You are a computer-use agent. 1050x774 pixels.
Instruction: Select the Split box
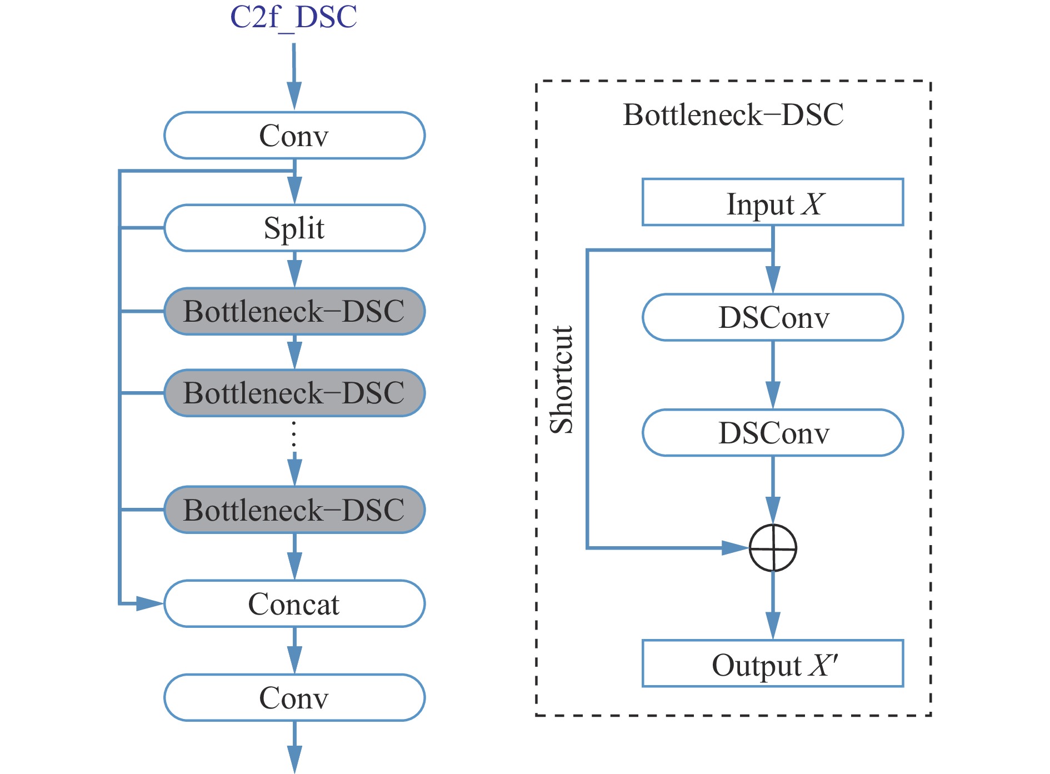point(294,228)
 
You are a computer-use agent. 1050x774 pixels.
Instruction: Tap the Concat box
point(294,604)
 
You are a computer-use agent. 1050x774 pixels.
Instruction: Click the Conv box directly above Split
point(294,136)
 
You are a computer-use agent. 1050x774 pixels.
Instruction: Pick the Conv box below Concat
point(294,698)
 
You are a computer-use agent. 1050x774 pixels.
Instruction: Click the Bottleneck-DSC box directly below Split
point(294,311)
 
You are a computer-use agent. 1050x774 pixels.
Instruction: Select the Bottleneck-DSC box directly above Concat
point(294,510)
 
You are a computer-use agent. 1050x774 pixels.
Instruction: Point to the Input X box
point(773,202)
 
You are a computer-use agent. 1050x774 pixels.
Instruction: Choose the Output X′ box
point(773,663)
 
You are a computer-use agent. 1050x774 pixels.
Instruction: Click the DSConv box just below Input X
point(773,317)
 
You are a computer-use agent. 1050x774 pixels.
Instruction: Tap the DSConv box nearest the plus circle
point(773,433)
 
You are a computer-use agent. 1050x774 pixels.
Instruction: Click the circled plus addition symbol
point(773,548)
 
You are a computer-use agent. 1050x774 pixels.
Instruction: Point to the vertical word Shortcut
point(561,379)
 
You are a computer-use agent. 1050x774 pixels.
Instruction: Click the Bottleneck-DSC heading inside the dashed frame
point(733,115)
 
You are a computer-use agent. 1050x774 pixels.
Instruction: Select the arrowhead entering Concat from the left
point(149,603)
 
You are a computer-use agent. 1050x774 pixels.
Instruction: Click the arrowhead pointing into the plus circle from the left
point(734,548)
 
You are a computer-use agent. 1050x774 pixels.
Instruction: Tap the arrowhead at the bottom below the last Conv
point(294,759)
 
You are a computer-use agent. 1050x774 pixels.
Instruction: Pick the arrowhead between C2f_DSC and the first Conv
point(294,96)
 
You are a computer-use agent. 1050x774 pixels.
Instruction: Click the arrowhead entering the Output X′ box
point(773,626)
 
